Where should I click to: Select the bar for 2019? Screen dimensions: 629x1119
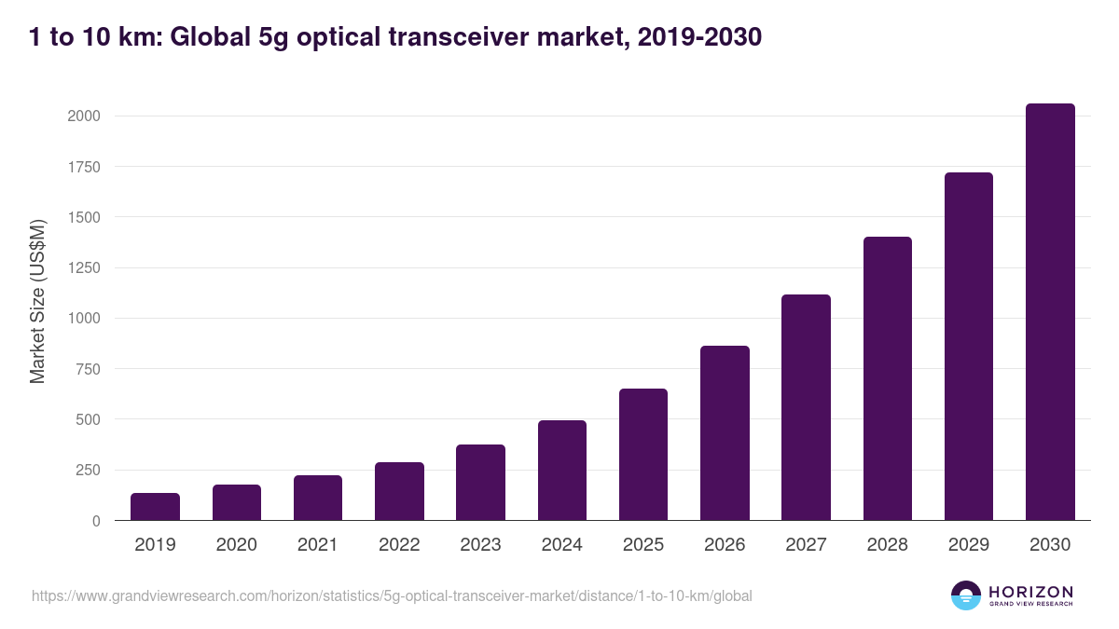[155, 507]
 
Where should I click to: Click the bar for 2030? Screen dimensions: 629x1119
[1050, 312]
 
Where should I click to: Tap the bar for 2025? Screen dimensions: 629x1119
[643, 455]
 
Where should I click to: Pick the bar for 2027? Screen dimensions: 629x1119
[806, 407]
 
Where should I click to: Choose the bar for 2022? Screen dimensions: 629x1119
[399, 491]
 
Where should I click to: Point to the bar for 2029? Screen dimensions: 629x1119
[969, 347]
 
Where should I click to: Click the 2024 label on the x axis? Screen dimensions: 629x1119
[562, 545]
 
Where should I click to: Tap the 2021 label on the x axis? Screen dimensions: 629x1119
[318, 545]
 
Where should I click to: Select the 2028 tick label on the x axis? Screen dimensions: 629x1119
[887, 545]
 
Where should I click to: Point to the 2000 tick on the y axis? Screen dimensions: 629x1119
[83, 116]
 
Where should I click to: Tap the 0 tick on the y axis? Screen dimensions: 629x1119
[96, 521]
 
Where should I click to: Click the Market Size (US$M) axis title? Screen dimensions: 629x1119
[37, 300]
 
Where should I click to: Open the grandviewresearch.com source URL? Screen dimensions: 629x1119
[392, 595]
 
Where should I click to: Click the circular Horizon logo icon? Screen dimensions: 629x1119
[966, 595]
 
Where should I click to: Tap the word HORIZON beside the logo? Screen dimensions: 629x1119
[1030, 592]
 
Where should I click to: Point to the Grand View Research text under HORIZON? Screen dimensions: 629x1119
[1030, 605]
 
